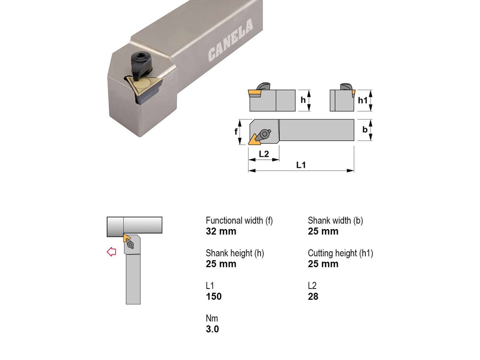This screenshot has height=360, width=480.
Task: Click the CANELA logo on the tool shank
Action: coord(230,40)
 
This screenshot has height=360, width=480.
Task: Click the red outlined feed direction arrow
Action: coord(111,252)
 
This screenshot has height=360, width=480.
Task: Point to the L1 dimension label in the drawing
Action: coord(301,165)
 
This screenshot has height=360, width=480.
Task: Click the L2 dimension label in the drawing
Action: coord(264,154)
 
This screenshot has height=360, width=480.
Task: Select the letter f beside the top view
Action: coord(236,132)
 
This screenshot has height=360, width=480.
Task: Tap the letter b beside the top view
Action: coord(365,130)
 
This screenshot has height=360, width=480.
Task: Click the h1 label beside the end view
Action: coord(363,100)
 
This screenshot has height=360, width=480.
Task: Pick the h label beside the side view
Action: coord(303,100)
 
